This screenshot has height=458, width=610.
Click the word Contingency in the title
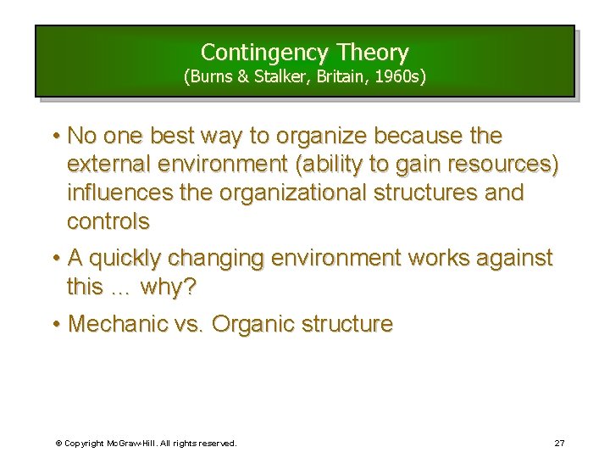256,53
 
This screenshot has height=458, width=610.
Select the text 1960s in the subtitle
399,77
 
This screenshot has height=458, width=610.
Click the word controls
108,221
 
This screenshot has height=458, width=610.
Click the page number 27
559,443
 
